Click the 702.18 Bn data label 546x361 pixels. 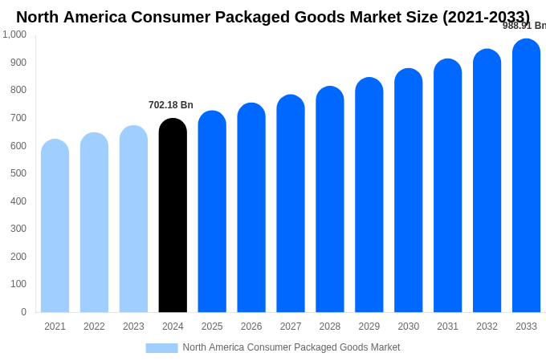pyautogui.click(x=171, y=105)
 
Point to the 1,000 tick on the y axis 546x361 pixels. pyautogui.click(x=14, y=34)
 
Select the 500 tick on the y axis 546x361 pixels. pyautogui.click(x=18, y=173)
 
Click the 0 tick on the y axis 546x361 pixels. pyautogui.click(x=23, y=312)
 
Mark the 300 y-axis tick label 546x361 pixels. pyautogui.click(x=18, y=229)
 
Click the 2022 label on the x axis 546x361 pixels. pyautogui.click(x=94, y=327)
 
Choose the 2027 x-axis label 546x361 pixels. pyautogui.click(x=291, y=327)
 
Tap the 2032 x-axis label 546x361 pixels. pyautogui.click(x=487, y=327)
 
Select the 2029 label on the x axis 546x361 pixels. pyautogui.click(x=369, y=327)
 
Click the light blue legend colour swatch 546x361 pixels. pyautogui.click(x=161, y=347)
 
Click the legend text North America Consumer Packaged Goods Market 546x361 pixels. pyautogui.click(x=291, y=347)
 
